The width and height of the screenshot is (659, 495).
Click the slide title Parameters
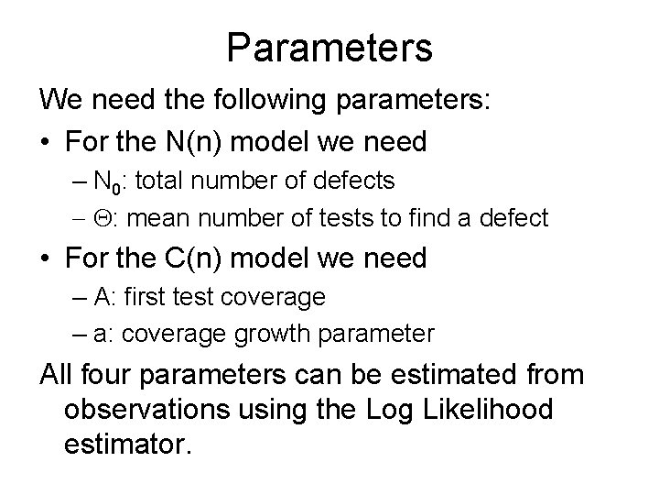pyautogui.click(x=329, y=48)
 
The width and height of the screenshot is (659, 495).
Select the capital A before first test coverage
pyautogui.click(x=103, y=298)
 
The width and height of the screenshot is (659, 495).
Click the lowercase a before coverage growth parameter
pyautogui.click(x=103, y=335)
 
